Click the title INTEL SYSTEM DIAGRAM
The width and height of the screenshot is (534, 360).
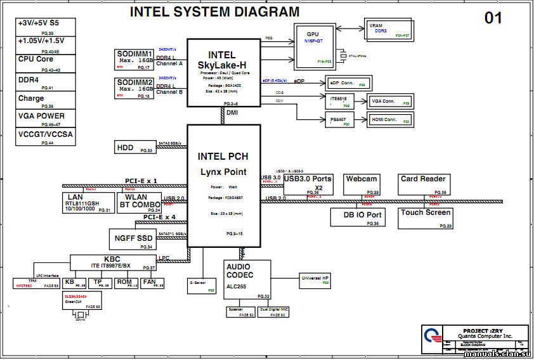(x=214, y=12)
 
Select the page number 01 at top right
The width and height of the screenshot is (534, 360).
(x=493, y=18)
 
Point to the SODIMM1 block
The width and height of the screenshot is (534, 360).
(x=134, y=60)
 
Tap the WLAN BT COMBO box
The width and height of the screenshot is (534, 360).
(x=139, y=202)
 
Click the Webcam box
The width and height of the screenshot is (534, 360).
(x=362, y=184)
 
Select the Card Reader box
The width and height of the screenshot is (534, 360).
(x=424, y=184)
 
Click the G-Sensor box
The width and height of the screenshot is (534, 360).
(x=202, y=283)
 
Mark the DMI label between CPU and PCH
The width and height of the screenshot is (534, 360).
(x=232, y=113)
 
